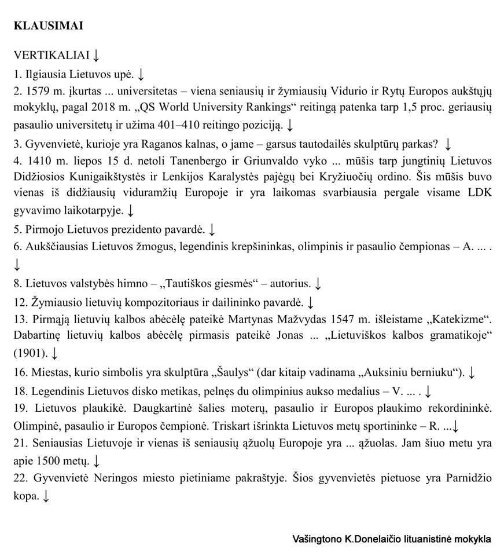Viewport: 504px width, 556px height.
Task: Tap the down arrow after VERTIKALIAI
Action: (x=96, y=56)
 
